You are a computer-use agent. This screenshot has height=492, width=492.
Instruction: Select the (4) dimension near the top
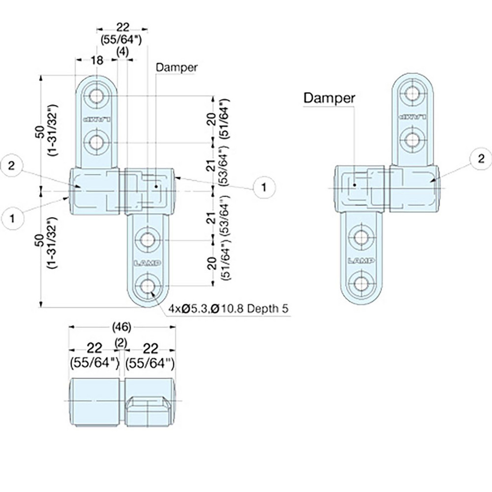tap(123, 50)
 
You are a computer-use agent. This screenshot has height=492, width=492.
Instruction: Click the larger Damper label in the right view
tap(329, 97)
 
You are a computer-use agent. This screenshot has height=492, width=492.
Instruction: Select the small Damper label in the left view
tap(176, 67)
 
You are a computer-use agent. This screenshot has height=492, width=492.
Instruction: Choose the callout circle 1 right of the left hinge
tap(264, 186)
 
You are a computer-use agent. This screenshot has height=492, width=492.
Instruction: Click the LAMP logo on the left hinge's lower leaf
tap(147, 263)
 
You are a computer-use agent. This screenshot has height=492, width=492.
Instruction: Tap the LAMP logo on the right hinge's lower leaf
tap(361, 260)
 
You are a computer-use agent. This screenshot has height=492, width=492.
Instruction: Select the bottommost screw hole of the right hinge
tap(361, 284)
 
